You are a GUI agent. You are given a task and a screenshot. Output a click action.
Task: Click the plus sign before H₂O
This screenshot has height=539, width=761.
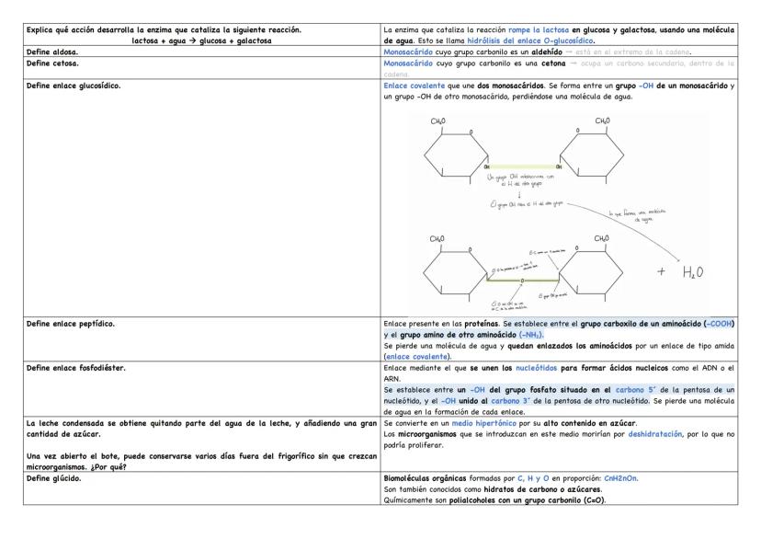click(x=660, y=273)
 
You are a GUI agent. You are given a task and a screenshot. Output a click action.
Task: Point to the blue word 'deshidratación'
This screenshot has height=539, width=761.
click(x=658, y=432)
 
